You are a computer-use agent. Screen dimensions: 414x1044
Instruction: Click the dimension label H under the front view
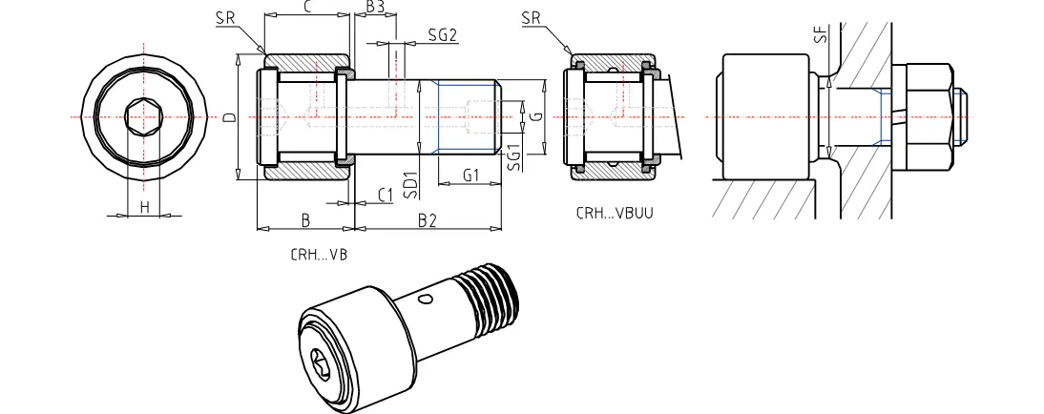[x=144, y=206]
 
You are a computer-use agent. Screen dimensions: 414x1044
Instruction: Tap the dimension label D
[x=229, y=119]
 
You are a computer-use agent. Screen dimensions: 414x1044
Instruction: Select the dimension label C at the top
[x=306, y=8]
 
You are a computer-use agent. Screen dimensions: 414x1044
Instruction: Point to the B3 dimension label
[x=375, y=8]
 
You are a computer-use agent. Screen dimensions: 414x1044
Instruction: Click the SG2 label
[x=443, y=34]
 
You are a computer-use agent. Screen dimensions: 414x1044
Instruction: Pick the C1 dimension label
[x=386, y=195]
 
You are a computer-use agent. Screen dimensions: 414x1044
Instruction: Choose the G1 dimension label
[x=470, y=176]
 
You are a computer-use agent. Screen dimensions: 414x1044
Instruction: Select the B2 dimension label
[x=427, y=220]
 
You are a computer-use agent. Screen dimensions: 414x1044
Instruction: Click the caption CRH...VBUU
[x=615, y=214]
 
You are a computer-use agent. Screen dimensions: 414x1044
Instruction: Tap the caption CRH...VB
[x=318, y=256]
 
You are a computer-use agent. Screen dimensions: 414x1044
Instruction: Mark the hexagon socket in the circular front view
[x=144, y=117]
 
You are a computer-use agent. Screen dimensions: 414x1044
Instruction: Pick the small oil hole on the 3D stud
[x=426, y=300]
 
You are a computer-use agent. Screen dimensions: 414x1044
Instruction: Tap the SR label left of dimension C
[x=225, y=17]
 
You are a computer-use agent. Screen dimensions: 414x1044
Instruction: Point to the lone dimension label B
[x=305, y=220]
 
